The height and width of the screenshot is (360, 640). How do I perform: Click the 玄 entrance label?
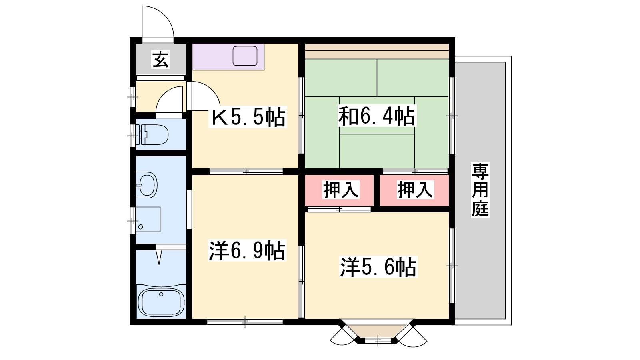point(160,60)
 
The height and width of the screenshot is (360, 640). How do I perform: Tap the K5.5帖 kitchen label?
point(248,117)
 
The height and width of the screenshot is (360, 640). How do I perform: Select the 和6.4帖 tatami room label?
point(376,116)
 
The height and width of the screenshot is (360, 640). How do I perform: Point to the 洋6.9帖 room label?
point(247,251)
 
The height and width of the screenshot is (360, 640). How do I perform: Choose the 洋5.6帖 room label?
point(378,267)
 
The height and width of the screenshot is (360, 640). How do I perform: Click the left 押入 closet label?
point(340,190)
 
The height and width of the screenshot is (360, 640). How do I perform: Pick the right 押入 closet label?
point(415,190)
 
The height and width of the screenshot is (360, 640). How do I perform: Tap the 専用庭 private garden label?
point(480,190)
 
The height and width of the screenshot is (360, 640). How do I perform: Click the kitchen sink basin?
point(245,56)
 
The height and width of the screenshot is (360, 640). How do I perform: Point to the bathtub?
point(161,302)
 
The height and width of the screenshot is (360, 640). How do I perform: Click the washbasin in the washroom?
point(146,185)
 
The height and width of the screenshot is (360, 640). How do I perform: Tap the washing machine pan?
point(148,220)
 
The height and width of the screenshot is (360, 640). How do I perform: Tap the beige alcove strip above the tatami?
point(377,51)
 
